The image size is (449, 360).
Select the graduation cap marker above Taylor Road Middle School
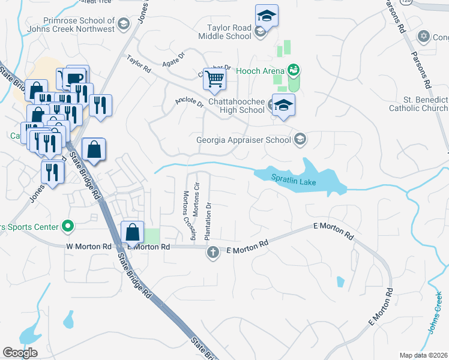[x=267, y=16]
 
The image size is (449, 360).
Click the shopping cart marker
[x=214, y=79]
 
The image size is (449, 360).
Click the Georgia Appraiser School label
[x=243, y=140]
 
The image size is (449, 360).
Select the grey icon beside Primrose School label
[x=124, y=25]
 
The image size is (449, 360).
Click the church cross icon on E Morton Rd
[x=212, y=252]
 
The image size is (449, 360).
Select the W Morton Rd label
[x=89, y=246]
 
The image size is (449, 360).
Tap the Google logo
[x=20, y=352]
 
